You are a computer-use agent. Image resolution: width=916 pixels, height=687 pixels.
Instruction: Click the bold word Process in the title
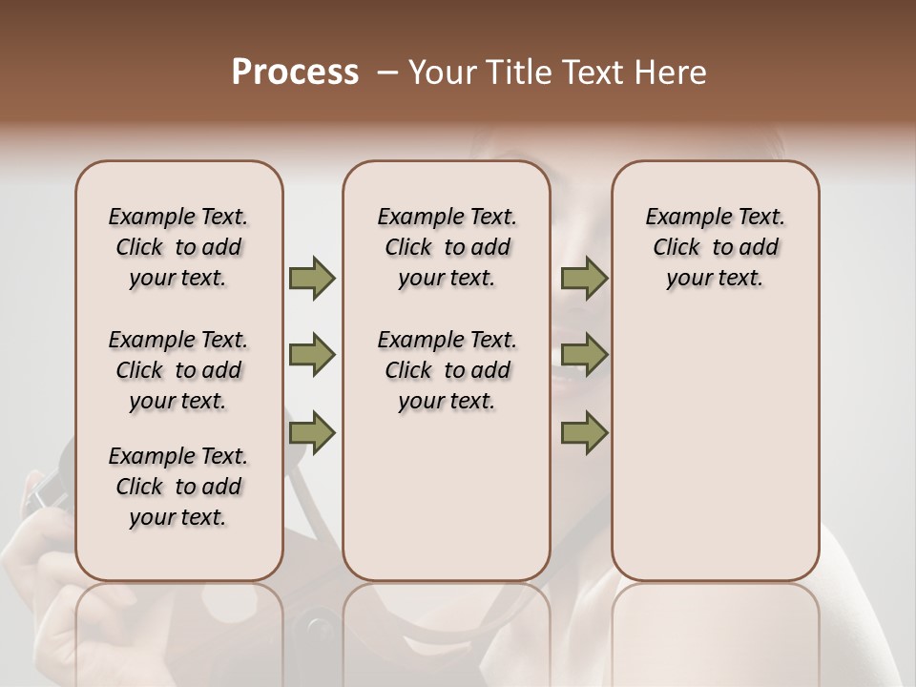click(x=295, y=73)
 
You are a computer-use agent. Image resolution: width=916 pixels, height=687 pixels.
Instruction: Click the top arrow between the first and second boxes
click(x=312, y=279)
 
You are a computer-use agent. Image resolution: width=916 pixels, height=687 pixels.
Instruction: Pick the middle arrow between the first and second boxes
click(x=312, y=356)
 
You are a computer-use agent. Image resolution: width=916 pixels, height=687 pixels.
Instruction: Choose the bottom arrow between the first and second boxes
click(x=312, y=432)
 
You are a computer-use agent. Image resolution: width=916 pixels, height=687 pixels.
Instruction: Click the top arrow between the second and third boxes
click(x=584, y=279)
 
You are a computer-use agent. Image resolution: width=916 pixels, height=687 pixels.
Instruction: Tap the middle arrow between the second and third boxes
click(x=584, y=356)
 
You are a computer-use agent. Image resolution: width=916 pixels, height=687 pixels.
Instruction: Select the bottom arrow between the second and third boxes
click(x=584, y=432)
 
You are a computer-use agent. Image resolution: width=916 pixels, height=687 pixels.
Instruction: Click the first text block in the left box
click(x=178, y=247)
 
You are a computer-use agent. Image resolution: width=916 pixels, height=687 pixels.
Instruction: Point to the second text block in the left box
click(x=178, y=370)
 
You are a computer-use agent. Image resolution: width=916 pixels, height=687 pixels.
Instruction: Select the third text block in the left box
click(x=178, y=487)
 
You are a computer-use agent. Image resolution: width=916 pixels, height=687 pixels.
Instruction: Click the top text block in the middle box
click(x=447, y=247)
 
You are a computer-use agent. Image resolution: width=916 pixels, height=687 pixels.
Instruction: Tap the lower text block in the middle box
click(x=447, y=370)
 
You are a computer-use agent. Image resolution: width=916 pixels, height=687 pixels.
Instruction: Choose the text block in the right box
click(x=715, y=247)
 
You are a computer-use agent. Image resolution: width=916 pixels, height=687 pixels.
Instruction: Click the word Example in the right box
click(x=682, y=218)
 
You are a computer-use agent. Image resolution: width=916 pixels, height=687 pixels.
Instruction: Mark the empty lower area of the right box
click(x=715, y=448)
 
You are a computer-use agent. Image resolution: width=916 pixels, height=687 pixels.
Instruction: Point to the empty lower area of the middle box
click(x=447, y=496)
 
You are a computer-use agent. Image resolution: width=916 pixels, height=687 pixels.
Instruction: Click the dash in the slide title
click(x=386, y=73)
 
